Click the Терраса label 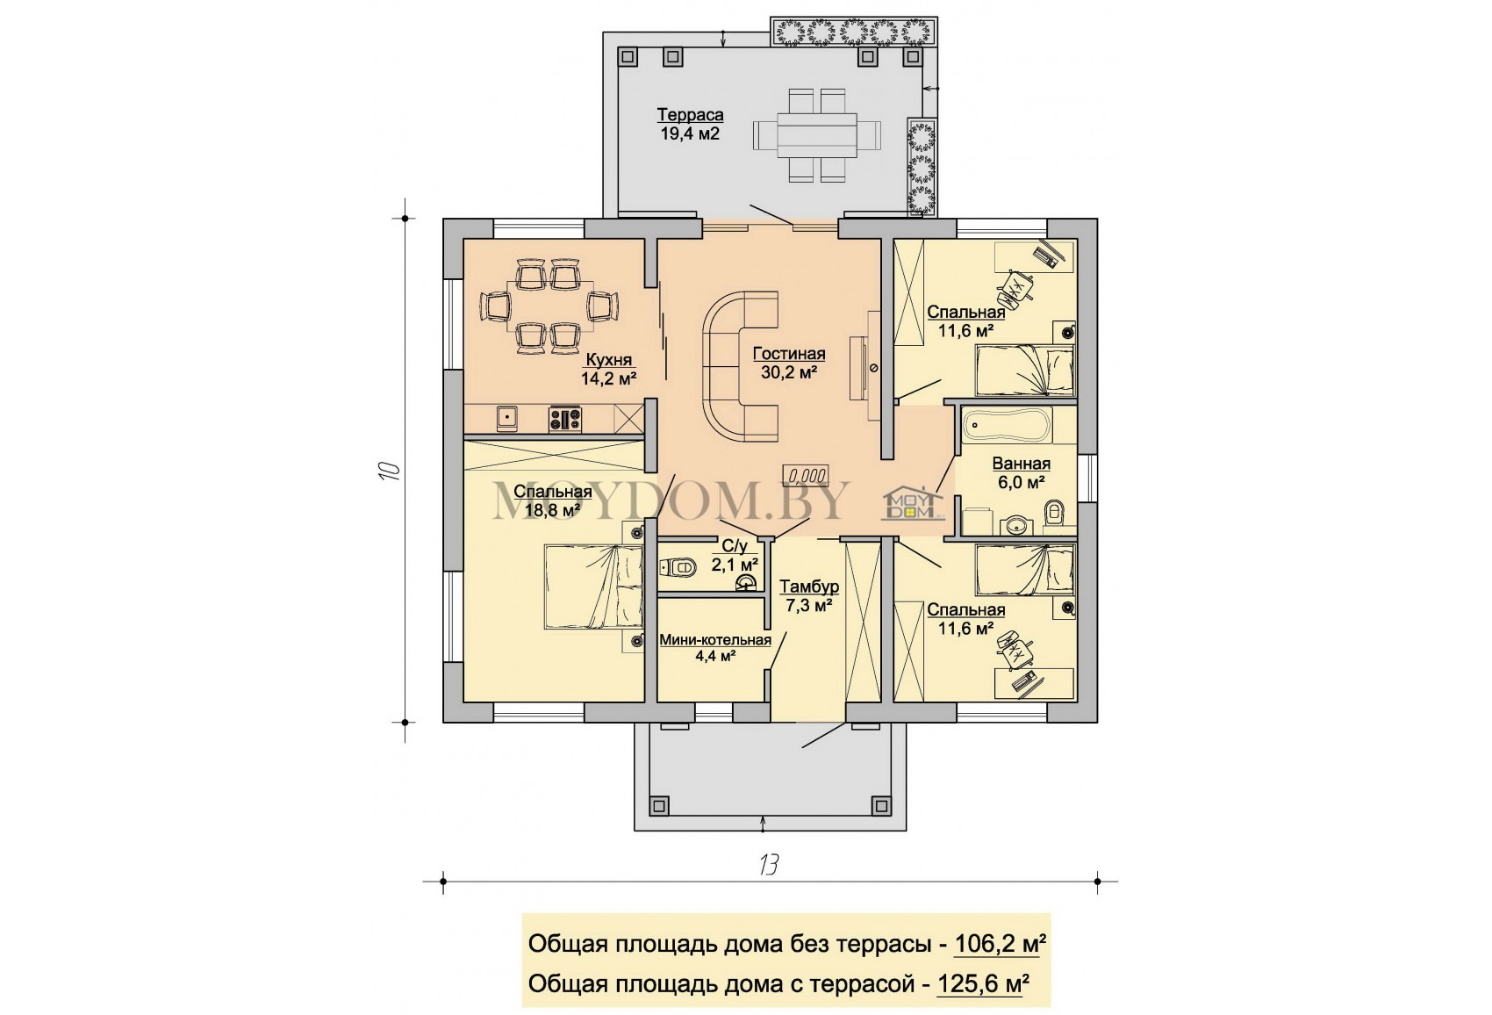tap(690, 115)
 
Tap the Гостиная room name tap(789, 354)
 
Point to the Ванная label tap(1021, 464)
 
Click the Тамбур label tap(809, 587)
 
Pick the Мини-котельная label tap(715, 640)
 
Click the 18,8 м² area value tap(553, 510)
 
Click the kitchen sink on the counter tap(507, 419)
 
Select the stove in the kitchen tap(565, 419)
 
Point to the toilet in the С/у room tap(678, 568)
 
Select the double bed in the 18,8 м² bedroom tap(593, 587)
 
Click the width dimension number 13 tap(768, 864)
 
